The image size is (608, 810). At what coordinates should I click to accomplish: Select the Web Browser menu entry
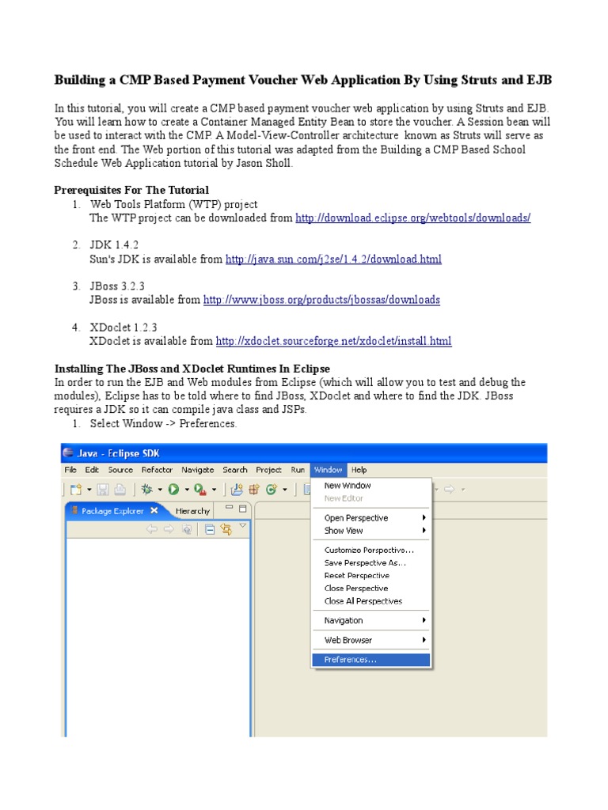point(348,640)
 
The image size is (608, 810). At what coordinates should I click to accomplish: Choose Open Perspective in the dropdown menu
point(355,518)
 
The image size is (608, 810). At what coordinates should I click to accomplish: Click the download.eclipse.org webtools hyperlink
point(412,218)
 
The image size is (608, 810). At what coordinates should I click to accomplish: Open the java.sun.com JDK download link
point(333,259)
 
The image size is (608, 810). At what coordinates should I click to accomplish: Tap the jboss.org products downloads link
point(321,300)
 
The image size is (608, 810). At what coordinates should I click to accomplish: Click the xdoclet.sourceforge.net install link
point(333,341)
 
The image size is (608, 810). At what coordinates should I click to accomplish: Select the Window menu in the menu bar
point(327,470)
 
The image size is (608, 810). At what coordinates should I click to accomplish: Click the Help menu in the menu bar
point(359,470)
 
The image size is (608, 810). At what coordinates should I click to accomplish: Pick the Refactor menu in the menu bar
point(157,470)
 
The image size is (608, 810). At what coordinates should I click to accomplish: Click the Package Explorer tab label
point(112,511)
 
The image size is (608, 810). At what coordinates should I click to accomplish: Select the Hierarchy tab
point(193,511)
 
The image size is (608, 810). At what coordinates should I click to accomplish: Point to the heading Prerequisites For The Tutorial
point(131,190)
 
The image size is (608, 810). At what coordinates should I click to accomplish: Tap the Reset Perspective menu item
point(356,576)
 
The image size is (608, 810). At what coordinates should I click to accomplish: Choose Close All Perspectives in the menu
point(363,601)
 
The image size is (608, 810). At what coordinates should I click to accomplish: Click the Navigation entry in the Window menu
point(344,621)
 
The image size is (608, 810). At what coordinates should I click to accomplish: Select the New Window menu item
point(347,486)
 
